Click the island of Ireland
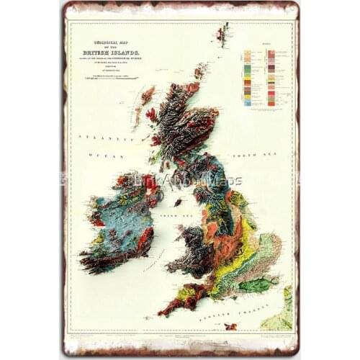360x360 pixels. pyautogui.click(x=119, y=216)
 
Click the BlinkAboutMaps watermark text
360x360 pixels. pyautogui.click(x=184, y=181)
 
